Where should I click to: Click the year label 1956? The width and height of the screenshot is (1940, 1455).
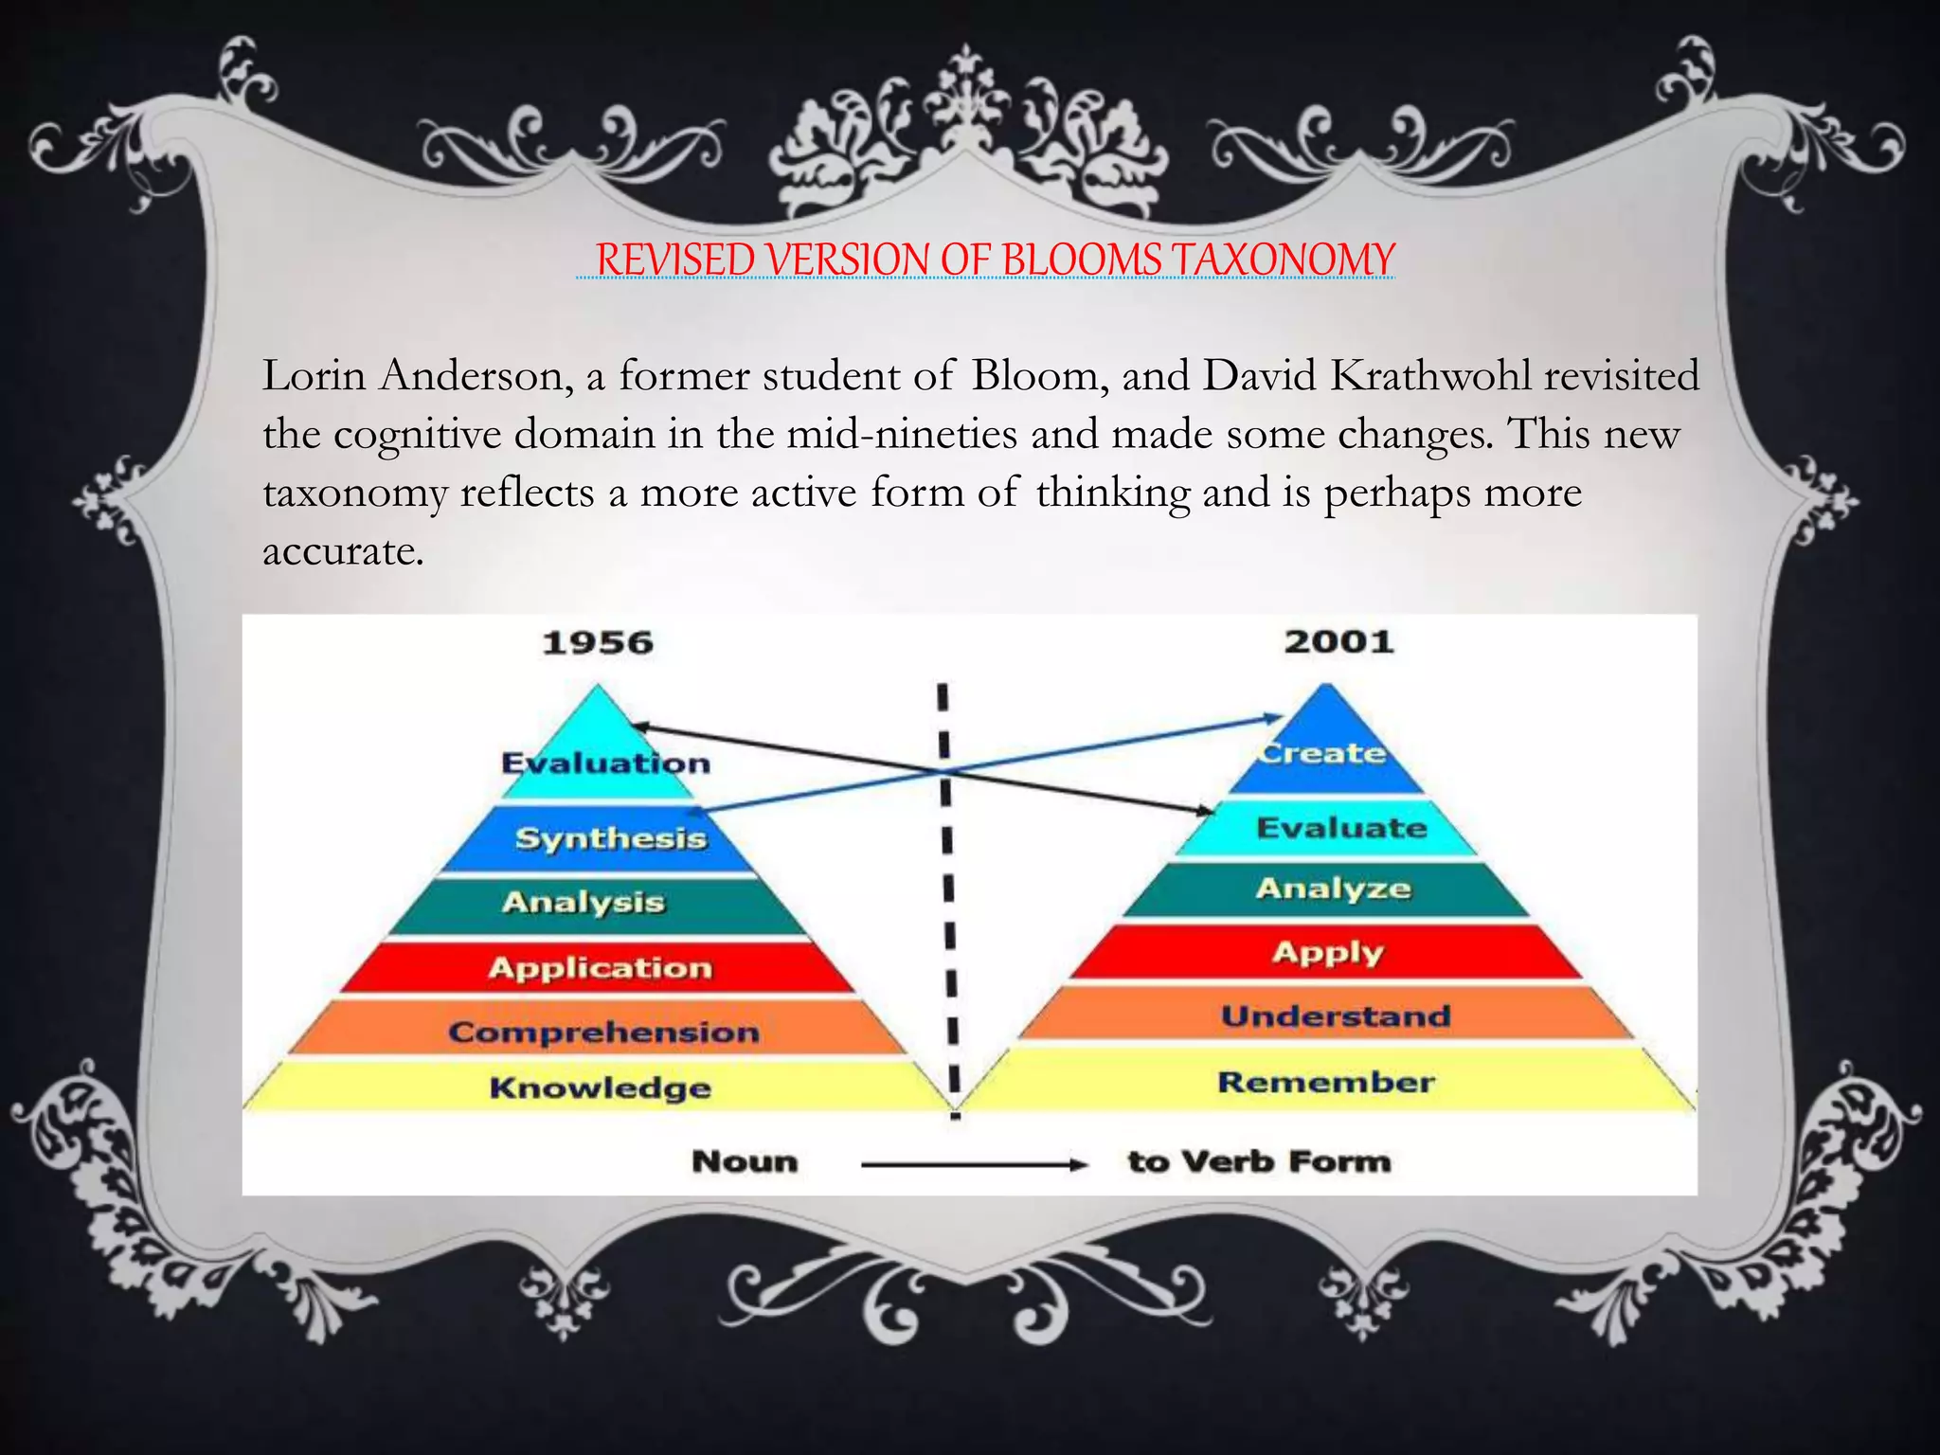click(598, 643)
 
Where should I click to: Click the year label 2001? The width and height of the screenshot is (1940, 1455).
click(1338, 642)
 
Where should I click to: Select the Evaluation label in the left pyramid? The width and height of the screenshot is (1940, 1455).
click(605, 763)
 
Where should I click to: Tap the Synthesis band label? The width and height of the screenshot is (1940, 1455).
click(611, 838)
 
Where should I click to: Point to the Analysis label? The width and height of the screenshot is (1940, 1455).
click(584, 902)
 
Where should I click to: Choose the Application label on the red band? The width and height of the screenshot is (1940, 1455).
click(601, 967)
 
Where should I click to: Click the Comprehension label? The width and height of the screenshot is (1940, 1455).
click(604, 1032)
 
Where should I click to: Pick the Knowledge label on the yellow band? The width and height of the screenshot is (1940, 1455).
click(601, 1087)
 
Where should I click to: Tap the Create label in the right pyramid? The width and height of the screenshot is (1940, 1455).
click(1323, 753)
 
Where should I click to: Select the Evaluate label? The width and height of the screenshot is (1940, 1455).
click(1341, 828)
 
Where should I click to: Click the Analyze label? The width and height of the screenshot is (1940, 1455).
click(1334, 889)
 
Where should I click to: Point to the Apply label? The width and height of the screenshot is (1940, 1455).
click(1328, 952)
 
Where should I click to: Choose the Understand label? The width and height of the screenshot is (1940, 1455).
click(1336, 1016)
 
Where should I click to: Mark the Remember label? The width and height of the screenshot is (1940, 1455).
click(1326, 1082)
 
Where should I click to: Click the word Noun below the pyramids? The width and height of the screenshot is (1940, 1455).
click(745, 1161)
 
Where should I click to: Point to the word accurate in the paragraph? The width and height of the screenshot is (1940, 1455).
click(342, 551)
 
